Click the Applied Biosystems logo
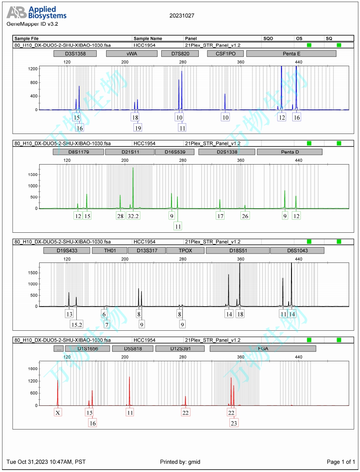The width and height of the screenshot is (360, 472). coord(36,13)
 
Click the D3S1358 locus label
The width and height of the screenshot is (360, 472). coord(75,53)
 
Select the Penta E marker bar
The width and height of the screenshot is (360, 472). coord(291,53)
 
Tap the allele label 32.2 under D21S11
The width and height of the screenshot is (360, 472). coord(133,216)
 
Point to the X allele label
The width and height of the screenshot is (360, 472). coord(58,413)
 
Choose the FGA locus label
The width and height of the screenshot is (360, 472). coord(263,349)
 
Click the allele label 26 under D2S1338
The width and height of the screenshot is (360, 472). coord(245,216)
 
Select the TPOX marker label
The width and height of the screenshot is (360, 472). coord(184,250)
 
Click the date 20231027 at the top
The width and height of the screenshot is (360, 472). coord(182,16)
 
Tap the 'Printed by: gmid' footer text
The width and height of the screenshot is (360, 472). coord(180,462)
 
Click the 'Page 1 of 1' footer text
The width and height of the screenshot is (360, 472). coord(341,462)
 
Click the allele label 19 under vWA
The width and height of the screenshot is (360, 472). coord(138,128)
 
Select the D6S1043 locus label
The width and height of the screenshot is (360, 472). coord(297,250)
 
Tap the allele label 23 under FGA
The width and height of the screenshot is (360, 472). coord(234,423)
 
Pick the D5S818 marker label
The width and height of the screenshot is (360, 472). coord(133,349)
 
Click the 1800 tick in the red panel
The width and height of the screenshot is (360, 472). coord(33,369)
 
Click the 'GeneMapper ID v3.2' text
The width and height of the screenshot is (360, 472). coord(32,24)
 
